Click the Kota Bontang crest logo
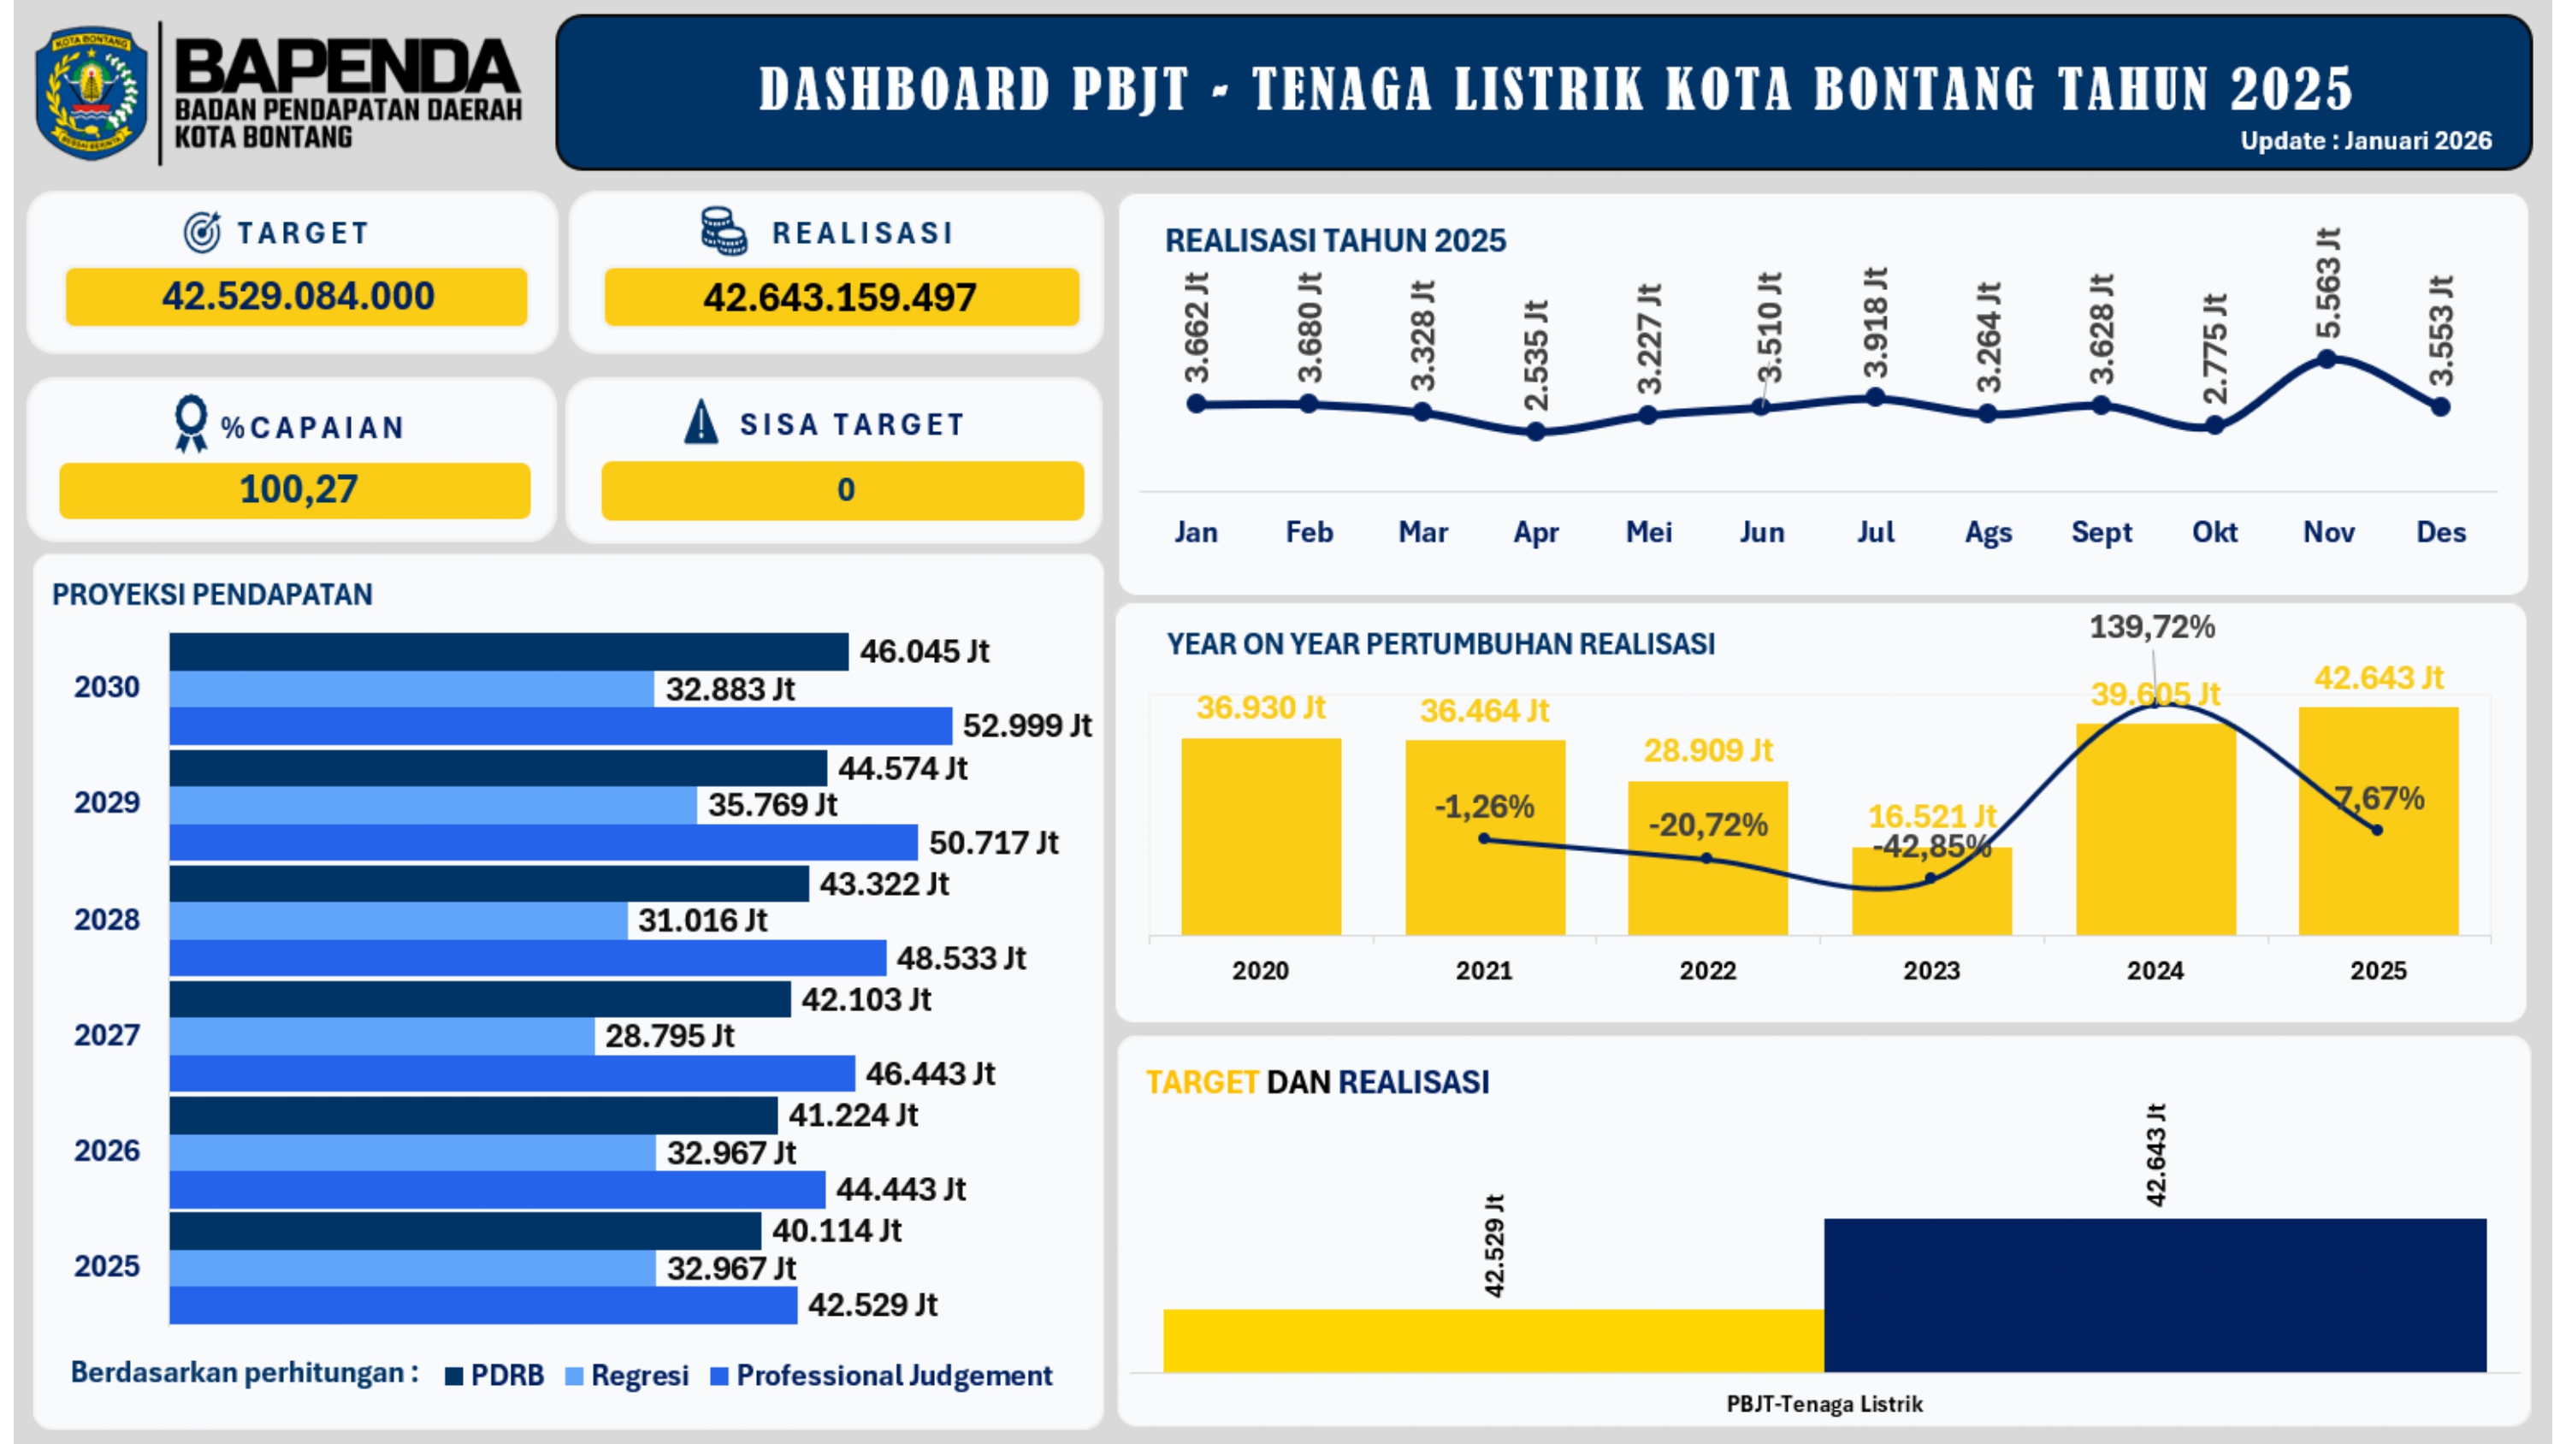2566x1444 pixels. pyautogui.click(x=91, y=92)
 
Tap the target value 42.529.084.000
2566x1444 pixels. pyautogui.click(x=297, y=296)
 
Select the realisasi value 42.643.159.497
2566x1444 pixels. pyautogui.click(x=840, y=297)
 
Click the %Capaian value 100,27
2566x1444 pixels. pyautogui.click(x=297, y=489)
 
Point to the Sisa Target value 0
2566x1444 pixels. pyautogui.click(x=845, y=489)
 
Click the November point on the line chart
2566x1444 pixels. pyautogui.click(x=2327, y=358)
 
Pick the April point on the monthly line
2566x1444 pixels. pyautogui.click(x=1536, y=431)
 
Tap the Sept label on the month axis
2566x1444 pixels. pyautogui.click(x=2101, y=532)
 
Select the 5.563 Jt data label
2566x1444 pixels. pyautogui.click(x=2327, y=284)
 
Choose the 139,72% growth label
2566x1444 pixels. pyautogui.click(x=2152, y=627)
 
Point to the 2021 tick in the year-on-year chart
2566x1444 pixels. pyautogui.click(x=1484, y=969)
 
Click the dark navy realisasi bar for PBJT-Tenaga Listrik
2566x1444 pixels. pyautogui.click(x=2155, y=1294)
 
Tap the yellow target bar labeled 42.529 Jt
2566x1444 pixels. pyautogui.click(x=1493, y=1340)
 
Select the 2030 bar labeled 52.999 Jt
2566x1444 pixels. pyautogui.click(x=560, y=725)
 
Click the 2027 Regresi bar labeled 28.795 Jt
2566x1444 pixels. pyautogui.click(x=381, y=1037)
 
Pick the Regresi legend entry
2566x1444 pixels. pyautogui.click(x=627, y=1376)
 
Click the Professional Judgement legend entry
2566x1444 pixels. pyautogui.click(x=882, y=1376)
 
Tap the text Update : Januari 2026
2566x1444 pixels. pyautogui.click(x=2366, y=140)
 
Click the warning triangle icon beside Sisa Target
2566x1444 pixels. pyautogui.click(x=701, y=422)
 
